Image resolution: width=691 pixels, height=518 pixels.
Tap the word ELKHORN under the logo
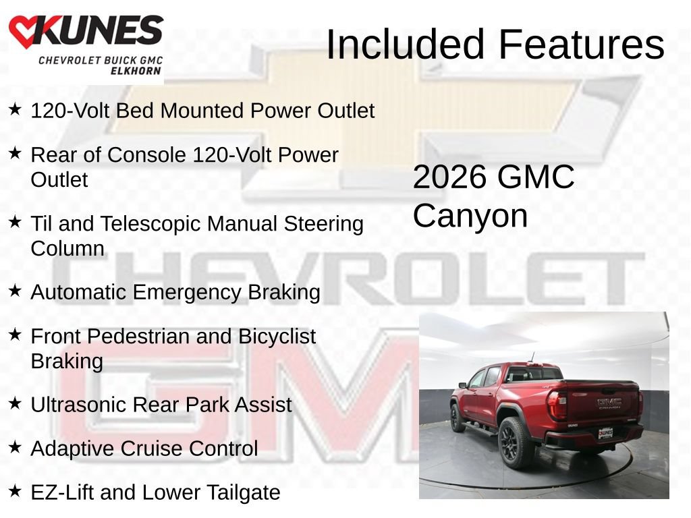click(136, 71)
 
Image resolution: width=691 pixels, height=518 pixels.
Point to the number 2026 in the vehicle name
click(450, 177)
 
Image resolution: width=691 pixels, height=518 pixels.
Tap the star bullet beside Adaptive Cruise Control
click(15, 447)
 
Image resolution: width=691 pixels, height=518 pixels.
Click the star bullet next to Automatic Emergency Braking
click(15, 290)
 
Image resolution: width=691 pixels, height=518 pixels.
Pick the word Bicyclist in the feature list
click(277, 337)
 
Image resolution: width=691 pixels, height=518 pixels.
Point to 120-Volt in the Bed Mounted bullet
click(70, 111)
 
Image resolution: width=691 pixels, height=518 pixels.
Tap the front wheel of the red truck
click(457, 417)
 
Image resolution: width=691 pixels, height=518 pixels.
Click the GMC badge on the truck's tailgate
click(609, 401)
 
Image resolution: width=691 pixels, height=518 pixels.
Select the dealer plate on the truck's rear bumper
click(605, 434)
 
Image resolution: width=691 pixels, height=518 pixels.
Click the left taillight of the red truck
click(557, 405)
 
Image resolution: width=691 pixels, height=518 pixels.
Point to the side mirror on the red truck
click(462, 385)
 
